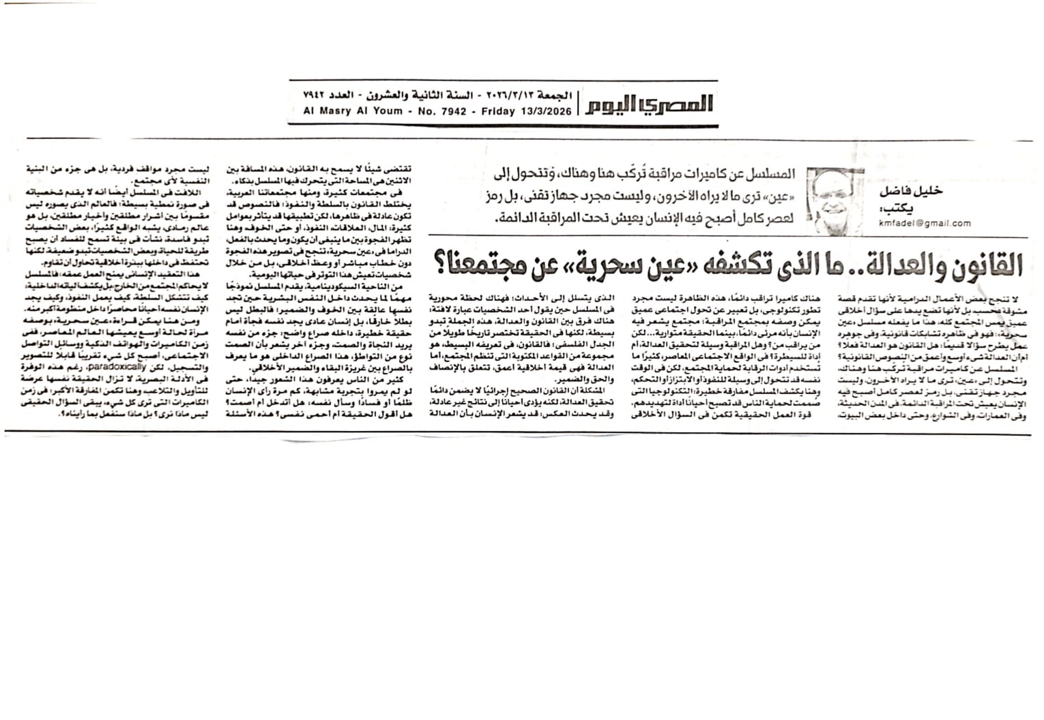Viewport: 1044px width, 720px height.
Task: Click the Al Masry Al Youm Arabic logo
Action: click(x=650, y=104)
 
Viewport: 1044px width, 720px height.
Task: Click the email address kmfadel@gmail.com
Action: click(x=925, y=223)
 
